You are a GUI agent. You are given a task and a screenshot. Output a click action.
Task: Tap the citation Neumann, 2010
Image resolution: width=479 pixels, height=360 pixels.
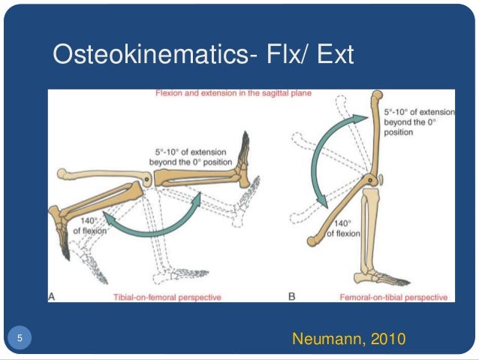348,340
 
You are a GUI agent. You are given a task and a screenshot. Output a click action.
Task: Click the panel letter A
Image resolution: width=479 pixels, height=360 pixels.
53,297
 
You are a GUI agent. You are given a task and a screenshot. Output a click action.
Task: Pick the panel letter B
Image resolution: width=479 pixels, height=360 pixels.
292,297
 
